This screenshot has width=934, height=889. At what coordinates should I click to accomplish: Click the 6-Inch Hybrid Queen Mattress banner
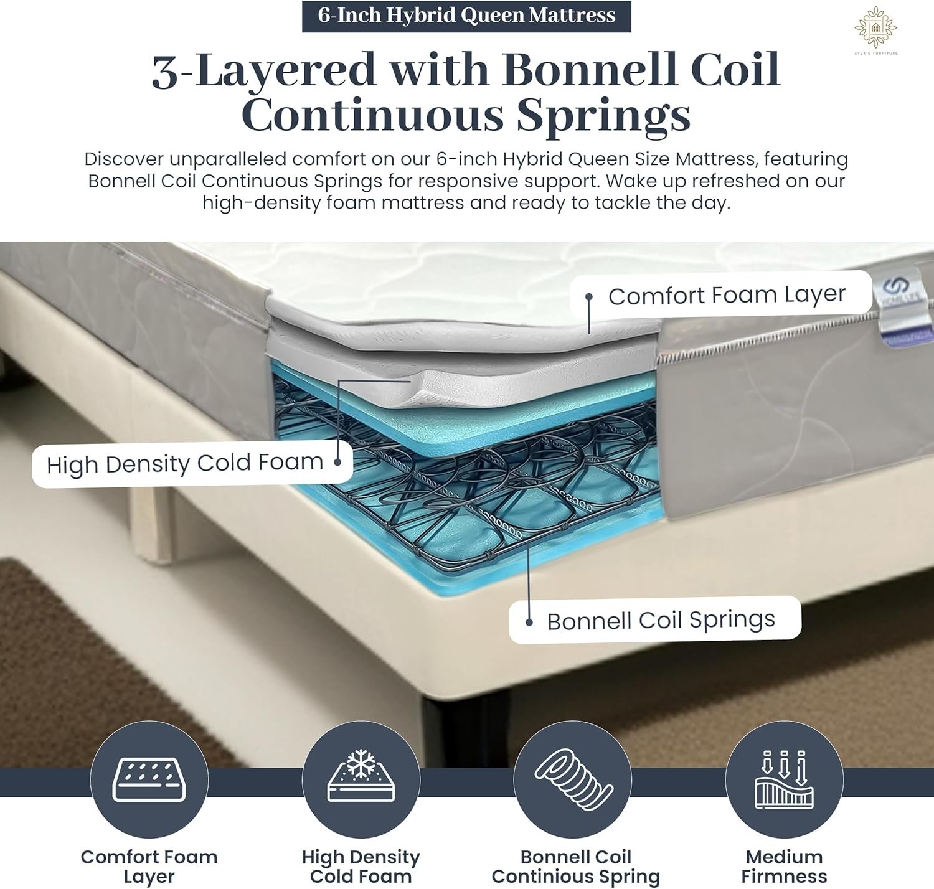[466, 16]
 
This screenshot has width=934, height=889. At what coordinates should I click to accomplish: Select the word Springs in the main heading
[603, 116]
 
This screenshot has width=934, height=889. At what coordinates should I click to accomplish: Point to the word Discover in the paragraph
[124, 159]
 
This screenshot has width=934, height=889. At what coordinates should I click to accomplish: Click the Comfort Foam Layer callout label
[720, 294]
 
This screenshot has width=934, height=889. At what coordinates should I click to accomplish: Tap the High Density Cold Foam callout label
[192, 463]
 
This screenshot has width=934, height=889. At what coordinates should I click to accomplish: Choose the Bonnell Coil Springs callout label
[655, 619]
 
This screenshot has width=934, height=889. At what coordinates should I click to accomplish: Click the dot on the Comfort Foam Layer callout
[589, 296]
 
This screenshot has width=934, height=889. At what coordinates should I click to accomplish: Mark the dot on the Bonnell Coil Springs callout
[529, 623]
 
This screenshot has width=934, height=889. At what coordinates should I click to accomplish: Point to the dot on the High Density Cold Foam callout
[337, 462]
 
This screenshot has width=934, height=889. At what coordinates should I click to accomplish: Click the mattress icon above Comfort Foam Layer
[149, 779]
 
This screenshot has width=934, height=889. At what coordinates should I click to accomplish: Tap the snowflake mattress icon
[361, 776]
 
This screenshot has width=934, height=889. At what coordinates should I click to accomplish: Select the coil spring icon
[573, 779]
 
